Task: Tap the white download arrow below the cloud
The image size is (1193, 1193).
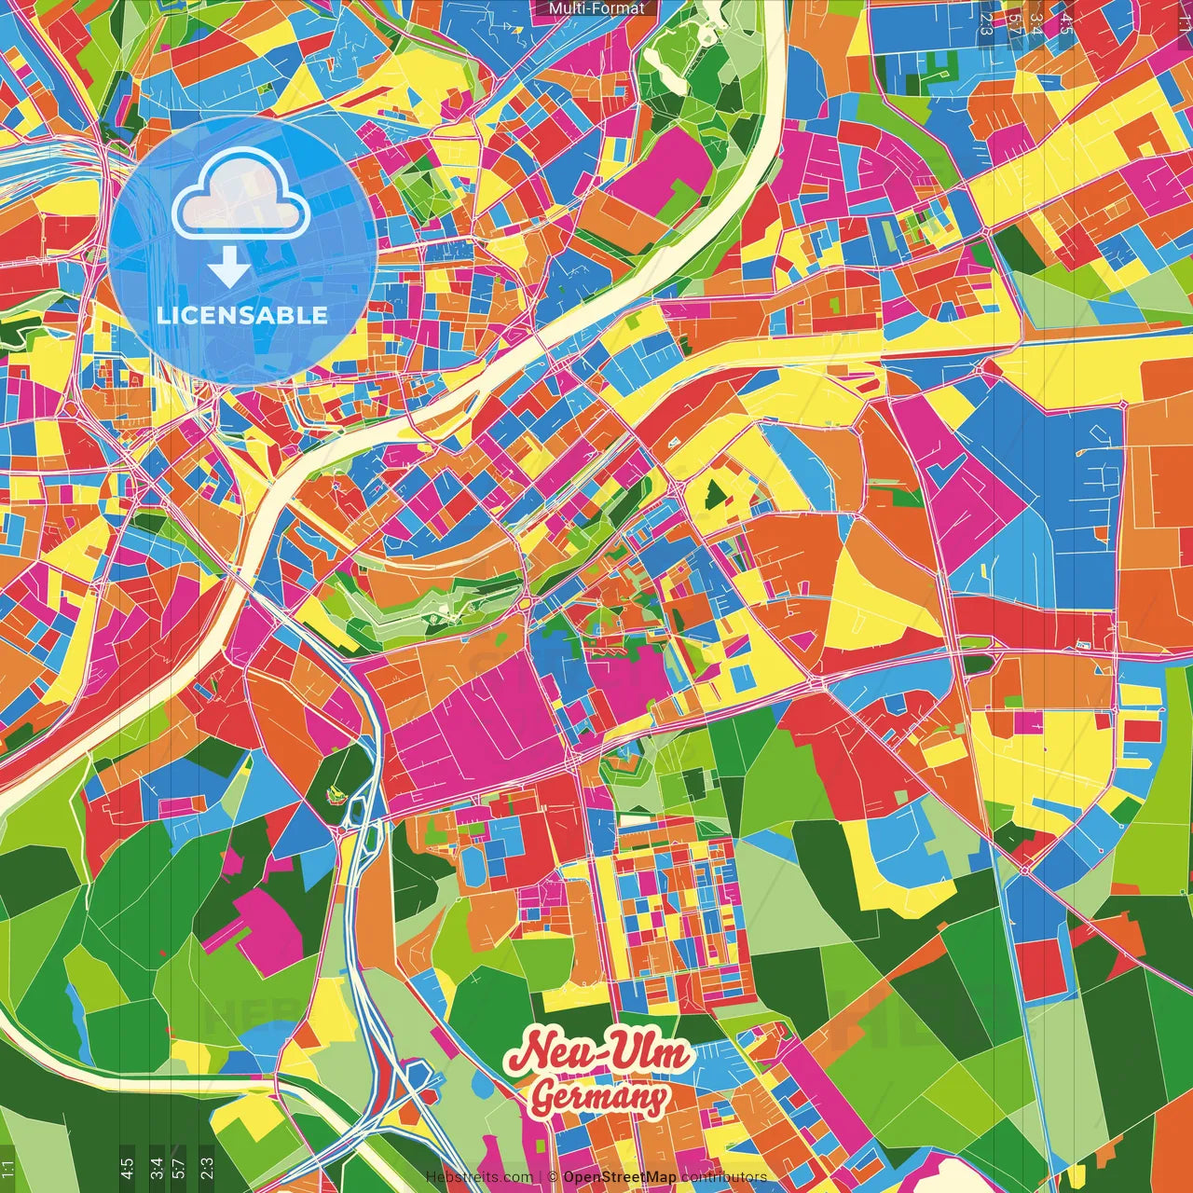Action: (x=228, y=267)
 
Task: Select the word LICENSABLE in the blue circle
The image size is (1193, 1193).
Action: (x=242, y=315)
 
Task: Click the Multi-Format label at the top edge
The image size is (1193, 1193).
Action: (x=596, y=8)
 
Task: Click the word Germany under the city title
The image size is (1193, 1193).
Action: (x=598, y=1098)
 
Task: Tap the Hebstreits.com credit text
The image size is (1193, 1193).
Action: (x=478, y=1177)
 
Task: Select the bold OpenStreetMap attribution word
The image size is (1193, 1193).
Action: (x=620, y=1177)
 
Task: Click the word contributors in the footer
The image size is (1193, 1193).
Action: (x=724, y=1177)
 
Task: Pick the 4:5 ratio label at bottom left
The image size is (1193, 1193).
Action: (x=127, y=1168)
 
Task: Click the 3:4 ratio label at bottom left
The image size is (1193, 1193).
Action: (x=156, y=1168)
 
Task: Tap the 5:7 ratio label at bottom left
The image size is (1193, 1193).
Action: (x=179, y=1168)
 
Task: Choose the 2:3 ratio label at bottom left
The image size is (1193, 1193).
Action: (x=207, y=1168)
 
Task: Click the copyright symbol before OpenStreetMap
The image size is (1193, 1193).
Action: (x=553, y=1177)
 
